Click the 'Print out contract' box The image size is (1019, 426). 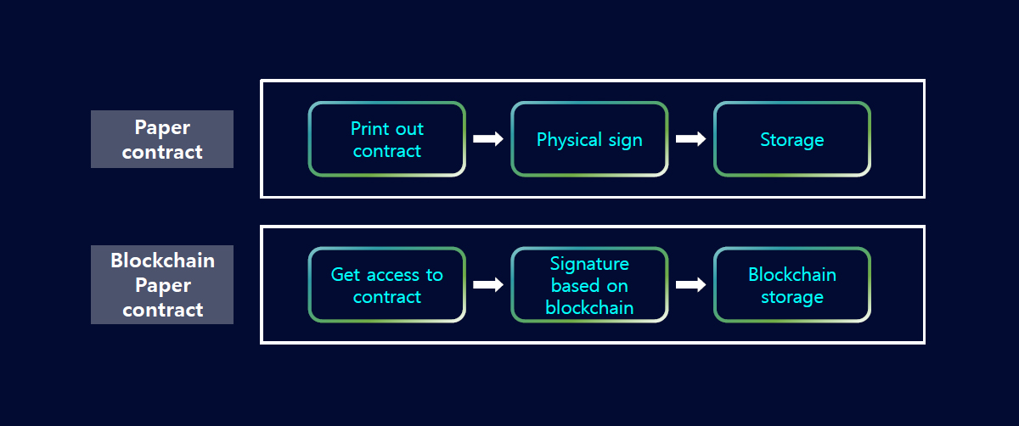(386, 139)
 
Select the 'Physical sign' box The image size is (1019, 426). (589, 139)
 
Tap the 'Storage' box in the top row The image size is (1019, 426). (792, 139)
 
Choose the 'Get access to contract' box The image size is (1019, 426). (386, 285)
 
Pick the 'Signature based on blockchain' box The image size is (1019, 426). (589, 285)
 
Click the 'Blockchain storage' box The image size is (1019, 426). (792, 285)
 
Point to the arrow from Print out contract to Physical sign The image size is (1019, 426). (488, 138)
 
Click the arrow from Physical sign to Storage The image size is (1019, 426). (690, 138)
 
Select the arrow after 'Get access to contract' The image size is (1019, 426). (488, 284)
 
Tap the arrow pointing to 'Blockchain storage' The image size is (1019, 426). (690, 284)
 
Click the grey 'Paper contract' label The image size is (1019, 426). (162, 139)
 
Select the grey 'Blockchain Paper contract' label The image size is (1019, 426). (162, 284)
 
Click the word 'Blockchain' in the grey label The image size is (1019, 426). (162, 261)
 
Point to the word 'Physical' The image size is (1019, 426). (569, 140)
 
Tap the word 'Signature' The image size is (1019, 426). (589, 264)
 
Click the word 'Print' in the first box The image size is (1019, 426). (369, 129)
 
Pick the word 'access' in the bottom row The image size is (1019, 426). (393, 275)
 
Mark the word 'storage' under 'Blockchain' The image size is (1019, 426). (792, 297)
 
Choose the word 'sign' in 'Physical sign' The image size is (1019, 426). (626, 141)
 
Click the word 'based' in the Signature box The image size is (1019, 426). (571, 286)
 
